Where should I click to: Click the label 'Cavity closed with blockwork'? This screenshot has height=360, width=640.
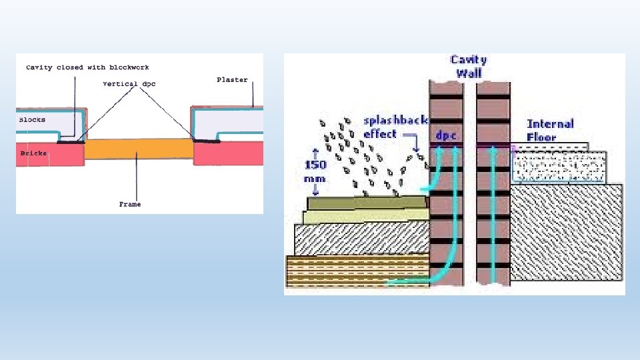point(87,67)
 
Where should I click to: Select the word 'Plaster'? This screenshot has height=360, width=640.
point(232,80)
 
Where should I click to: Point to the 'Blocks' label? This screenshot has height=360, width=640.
point(32,121)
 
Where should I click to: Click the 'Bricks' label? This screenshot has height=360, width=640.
point(33,153)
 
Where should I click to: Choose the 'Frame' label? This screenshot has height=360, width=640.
point(130,204)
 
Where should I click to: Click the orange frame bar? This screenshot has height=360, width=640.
point(139,149)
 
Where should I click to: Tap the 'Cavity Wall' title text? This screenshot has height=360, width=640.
point(469,67)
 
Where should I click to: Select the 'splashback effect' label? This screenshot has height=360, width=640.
point(389,127)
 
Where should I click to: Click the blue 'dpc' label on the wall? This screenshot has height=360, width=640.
point(445,135)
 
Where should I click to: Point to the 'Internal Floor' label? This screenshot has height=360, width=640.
point(550,131)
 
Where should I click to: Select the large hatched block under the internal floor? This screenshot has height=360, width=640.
point(567,233)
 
